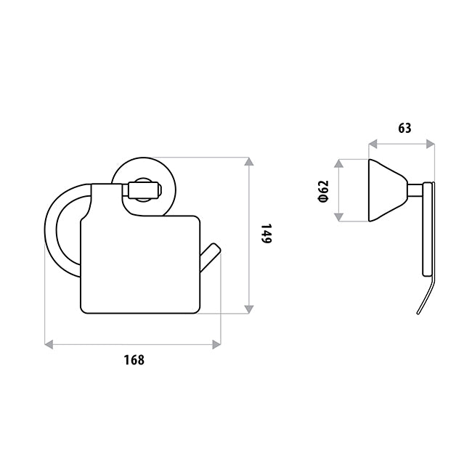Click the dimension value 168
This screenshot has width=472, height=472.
tap(134, 359)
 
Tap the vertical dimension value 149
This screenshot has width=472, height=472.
tap(266, 235)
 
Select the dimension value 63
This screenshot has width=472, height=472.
tap(404, 129)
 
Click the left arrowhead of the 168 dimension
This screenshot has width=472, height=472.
tap(49, 343)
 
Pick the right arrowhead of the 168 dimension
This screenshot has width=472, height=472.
tap(216, 343)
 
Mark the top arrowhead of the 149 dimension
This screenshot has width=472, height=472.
tap(249, 161)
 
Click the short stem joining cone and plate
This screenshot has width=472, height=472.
tap(414, 190)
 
